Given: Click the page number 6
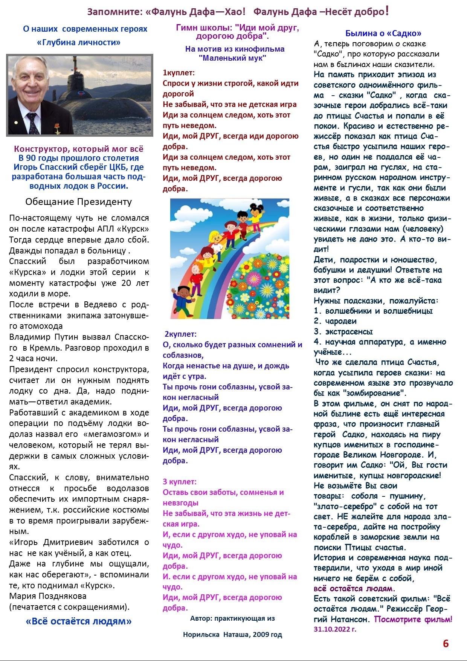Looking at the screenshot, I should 446,644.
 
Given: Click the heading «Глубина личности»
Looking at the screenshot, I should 79,42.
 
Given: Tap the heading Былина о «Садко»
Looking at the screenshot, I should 383,33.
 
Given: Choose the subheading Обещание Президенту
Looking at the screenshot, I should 79,202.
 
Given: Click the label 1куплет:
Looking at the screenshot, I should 179,73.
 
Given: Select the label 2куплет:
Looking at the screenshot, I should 180,334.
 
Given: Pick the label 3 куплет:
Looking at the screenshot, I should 180,482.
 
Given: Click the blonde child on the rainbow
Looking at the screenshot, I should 215,241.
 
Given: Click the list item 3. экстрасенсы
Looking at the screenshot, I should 343,331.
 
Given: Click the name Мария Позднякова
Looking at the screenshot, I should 48,596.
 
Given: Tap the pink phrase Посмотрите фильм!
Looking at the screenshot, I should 413,619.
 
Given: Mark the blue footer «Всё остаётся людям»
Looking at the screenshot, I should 79,621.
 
